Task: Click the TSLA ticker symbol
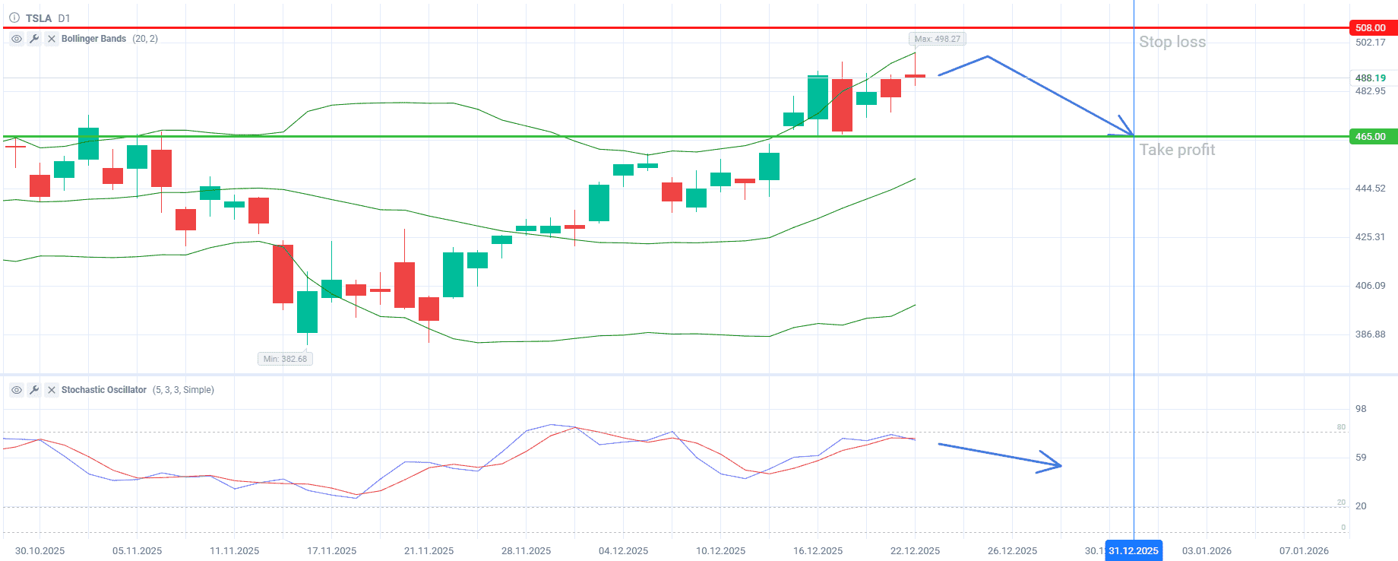[x=39, y=18]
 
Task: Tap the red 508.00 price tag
[x=1371, y=28]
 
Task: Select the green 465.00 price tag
[x=1371, y=137]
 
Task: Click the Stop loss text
[x=1172, y=42]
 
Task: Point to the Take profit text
[x=1177, y=150]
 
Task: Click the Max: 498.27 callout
[x=938, y=39]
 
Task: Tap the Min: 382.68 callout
[x=285, y=359]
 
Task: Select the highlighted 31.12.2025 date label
[x=1133, y=551]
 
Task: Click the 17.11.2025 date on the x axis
[x=331, y=551]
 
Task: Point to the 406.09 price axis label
[x=1370, y=286]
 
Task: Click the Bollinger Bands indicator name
[x=93, y=39]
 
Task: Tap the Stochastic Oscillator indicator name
[x=103, y=390]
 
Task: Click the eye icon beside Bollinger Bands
[x=17, y=39]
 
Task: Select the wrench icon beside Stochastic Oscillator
[x=34, y=390]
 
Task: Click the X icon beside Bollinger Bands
[x=52, y=39]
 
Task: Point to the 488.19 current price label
[x=1370, y=78]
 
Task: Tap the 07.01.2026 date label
[x=1304, y=551]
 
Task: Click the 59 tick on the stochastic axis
[x=1361, y=458]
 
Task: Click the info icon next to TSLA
[x=14, y=18]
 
